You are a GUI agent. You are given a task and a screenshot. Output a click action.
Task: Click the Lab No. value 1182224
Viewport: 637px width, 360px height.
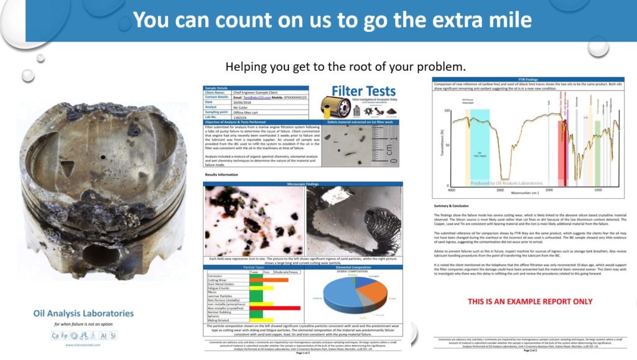[242, 117]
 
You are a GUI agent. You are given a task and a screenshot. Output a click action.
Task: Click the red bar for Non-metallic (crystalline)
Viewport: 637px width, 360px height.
[274, 308]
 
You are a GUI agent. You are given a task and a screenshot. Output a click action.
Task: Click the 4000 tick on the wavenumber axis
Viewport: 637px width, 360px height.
[452, 189]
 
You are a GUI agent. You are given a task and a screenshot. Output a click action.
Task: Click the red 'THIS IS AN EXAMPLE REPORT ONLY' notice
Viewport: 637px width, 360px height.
[529, 302]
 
